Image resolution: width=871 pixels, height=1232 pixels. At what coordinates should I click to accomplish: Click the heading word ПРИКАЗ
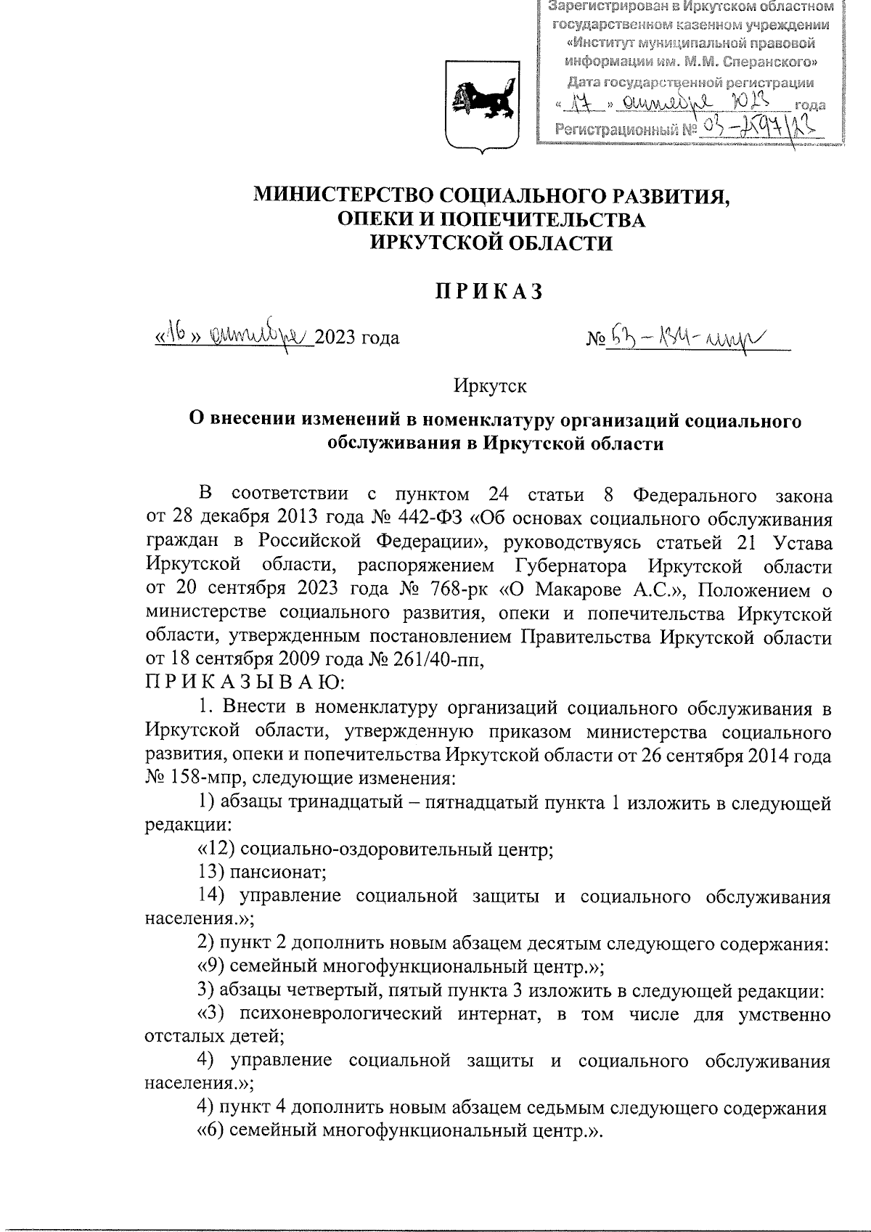pos(490,291)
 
